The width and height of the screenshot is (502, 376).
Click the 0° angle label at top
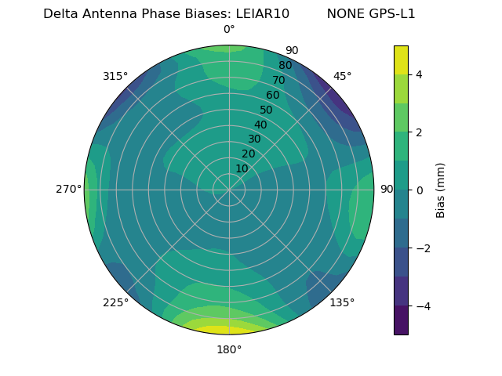pyautogui.click(x=229, y=30)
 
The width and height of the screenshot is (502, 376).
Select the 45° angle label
pyautogui.click(x=342, y=76)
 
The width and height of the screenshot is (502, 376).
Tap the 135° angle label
pyautogui.click(x=342, y=302)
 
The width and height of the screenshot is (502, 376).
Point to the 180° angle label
pyautogui.click(x=229, y=349)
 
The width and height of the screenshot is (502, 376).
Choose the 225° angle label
pyautogui.click(x=115, y=302)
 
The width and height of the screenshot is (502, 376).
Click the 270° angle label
pyautogui.click(x=68, y=190)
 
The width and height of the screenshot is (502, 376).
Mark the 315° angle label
pyautogui.click(x=115, y=76)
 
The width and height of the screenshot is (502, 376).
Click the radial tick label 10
pyautogui.click(x=242, y=168)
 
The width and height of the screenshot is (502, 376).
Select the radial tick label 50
pyautogui.click(x=266, y=110)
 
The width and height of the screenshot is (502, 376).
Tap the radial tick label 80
pyautogui.click(x=285, y=65)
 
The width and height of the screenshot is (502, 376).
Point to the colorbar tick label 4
pyautogui.click(x=420, y=74)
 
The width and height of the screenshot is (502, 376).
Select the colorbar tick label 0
pyautogui.click(x=420, y=190)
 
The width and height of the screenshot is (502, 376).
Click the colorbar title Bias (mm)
pyautogui.click(x=441, y=190)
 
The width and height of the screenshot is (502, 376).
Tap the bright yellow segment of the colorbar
pyautogui.click(x=401, y=60)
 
